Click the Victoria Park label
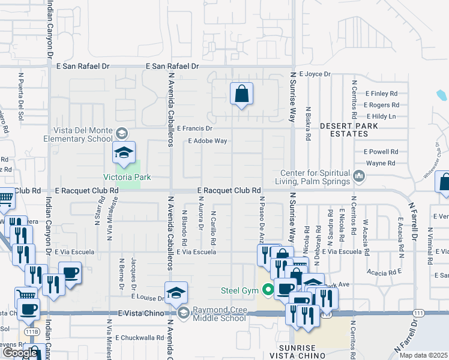coord(127,177)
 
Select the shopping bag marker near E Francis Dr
coord(241,94)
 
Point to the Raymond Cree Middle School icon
coord(182,312)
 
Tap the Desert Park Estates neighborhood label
coord(349,130)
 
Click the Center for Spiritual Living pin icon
coord(359,176)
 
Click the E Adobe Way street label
coord(207,142)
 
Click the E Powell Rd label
coord(381,152)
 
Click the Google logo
coord(19,353)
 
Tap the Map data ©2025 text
coord(423,355)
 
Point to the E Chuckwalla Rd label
coord(140,338)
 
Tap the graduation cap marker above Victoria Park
coord(124,153)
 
